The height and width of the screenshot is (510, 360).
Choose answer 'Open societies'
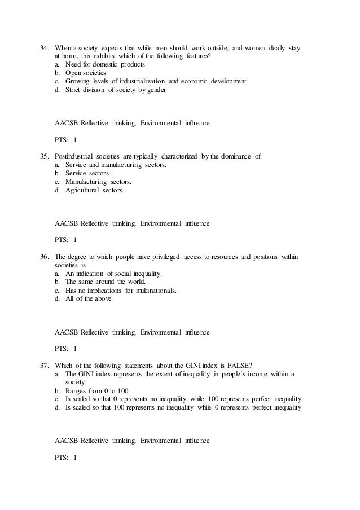(85, 73)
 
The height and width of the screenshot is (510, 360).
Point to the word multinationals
(156, 291)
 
